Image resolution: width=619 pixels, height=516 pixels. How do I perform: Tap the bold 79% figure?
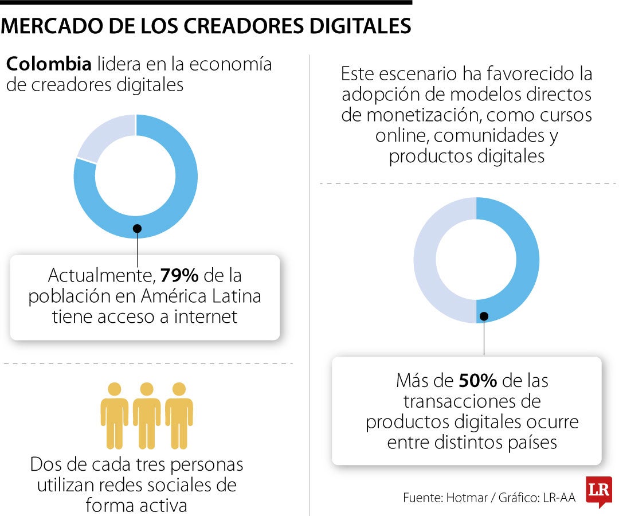pos(179,276)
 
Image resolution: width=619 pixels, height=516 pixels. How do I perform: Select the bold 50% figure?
pos(477,380)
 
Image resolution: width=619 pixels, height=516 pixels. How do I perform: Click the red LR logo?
pos(598,491)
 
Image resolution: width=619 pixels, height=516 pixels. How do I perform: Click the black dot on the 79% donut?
pos(137,228)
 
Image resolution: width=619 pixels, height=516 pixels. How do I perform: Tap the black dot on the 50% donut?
pos(484,315)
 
